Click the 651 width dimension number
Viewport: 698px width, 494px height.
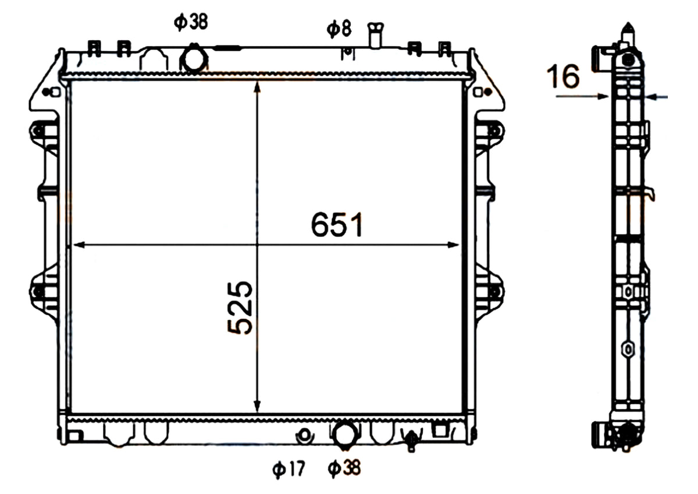337,225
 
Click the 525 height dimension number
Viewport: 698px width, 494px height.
240,308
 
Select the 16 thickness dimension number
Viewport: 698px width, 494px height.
563,76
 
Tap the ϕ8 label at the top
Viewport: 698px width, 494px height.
339,29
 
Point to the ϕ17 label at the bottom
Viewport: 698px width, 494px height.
289,469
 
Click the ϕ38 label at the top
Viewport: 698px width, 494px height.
191,22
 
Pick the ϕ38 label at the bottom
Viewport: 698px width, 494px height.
344,468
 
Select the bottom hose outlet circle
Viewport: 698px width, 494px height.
344,435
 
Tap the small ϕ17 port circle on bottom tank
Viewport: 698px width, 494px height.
305,435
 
